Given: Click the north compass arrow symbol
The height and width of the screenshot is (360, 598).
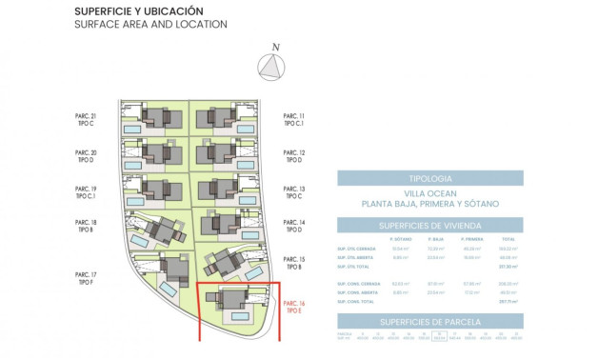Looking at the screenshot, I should [274, 66].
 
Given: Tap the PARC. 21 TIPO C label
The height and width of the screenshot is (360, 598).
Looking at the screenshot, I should [86, 120].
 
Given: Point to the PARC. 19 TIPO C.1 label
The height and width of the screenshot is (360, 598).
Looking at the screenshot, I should [86, 193].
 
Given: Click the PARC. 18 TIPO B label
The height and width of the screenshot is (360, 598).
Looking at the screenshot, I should [86, 226].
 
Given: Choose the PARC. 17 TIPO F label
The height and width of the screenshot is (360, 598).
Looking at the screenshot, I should [86, 278].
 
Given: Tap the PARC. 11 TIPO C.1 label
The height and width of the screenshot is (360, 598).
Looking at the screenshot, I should [294, 120].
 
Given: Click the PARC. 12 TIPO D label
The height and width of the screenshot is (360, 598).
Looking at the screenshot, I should [294, 157].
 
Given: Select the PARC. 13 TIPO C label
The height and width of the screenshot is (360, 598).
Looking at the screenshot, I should [294, 193].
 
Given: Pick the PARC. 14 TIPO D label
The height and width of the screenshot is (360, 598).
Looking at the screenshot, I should [294, 226].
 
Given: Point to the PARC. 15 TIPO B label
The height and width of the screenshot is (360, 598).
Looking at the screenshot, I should [294, 263].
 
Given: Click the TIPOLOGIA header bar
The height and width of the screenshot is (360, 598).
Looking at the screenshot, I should [429, 178].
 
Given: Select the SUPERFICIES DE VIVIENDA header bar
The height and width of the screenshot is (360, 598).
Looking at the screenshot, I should [429, 225].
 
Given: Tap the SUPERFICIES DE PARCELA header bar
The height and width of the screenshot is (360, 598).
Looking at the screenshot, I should [429, 322].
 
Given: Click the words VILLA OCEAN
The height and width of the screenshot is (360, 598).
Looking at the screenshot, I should [429, 193].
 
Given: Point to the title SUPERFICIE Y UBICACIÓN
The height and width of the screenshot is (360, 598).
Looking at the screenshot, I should [138, 10].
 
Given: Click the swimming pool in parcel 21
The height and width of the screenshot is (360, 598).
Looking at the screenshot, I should [132, 129].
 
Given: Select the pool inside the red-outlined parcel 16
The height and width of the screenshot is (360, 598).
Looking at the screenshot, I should [240, 315].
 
